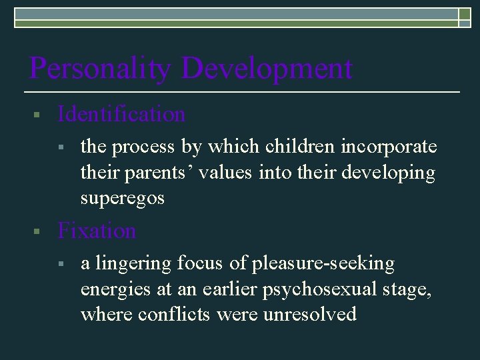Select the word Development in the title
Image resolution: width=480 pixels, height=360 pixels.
point(267,69)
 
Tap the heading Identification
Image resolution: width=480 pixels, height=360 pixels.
point(121,115)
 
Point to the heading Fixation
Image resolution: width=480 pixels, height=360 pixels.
point(97,231)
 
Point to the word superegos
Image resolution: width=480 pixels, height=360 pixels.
point(122,199)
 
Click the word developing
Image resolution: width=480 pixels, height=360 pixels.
point(388,173)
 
